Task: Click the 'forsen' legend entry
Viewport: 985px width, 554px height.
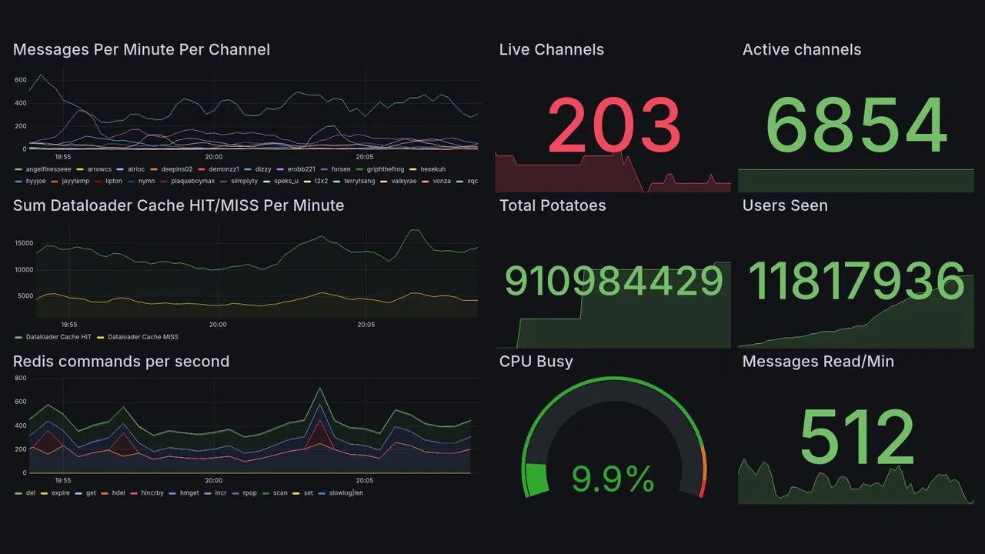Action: [x=341, y=169]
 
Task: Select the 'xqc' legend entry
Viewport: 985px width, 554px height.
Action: [x=472, y=182]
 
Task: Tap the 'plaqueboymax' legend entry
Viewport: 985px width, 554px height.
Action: [x=192, y=182]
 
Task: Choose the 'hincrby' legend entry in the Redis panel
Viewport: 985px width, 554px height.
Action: [x=153, y=492]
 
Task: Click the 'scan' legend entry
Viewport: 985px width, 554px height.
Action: [x=279, y=492]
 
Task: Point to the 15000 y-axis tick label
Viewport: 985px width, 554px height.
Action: [x=23, y=243]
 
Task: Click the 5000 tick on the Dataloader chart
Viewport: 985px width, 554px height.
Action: [x=25, y=296]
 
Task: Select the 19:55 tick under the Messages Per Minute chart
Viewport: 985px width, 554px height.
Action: [x=62, y=157]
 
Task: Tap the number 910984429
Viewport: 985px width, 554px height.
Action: [x=613, y=281]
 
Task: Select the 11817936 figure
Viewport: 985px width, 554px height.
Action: [x=856, y=281]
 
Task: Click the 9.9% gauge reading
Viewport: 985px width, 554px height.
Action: [x=613, y=479]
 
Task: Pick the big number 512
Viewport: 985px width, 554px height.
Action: [x=856, y=436]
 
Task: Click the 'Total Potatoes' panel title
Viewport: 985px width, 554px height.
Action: [x=553, y=205]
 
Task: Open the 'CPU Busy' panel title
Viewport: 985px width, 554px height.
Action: [x=536, y=362]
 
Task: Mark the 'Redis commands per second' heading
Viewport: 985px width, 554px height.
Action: [x=121, y=362]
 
